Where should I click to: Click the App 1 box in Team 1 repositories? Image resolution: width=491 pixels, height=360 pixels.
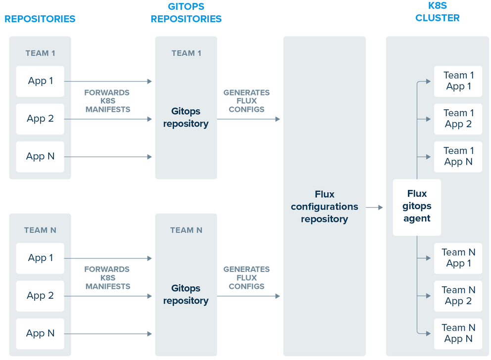click(x=40, y=81)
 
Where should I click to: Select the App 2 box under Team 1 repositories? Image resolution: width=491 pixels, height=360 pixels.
click(x=40, y=119)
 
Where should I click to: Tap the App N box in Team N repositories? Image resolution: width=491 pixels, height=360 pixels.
click(x=40, y=333)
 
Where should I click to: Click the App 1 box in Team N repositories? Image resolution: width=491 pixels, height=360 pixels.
click(x=40, y=258)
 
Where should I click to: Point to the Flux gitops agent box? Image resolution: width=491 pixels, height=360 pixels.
click(x=417, y=207)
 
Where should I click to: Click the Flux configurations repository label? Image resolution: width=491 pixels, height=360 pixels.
click(x=324, y=207)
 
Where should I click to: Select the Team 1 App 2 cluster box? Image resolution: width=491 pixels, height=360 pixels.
click(x=458, y=119)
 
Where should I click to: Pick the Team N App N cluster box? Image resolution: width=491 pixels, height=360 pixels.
click(x=458, y=333)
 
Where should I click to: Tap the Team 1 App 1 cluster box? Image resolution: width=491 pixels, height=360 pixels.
click(x=458, y=81)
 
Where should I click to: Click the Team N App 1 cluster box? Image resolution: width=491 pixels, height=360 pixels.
click(x=458, y=258)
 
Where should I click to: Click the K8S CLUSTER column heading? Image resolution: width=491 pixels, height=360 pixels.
click(x=438, y=13)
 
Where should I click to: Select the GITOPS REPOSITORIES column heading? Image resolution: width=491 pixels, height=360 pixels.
click(x=186, y=13)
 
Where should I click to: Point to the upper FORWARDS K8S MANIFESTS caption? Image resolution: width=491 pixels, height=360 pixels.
click(x=107, y=101)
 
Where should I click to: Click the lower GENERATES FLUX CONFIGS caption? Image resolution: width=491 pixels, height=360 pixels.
click(x=246, y=277)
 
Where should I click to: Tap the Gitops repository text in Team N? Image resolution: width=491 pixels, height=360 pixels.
click(x=186, y=295)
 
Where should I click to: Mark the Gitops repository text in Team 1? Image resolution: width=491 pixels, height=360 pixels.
click(x=186, y=118)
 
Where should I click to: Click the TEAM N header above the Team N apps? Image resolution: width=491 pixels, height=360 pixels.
click(x=40, y=230)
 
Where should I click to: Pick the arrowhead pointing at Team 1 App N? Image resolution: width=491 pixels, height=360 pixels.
click(x=429, y=157)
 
